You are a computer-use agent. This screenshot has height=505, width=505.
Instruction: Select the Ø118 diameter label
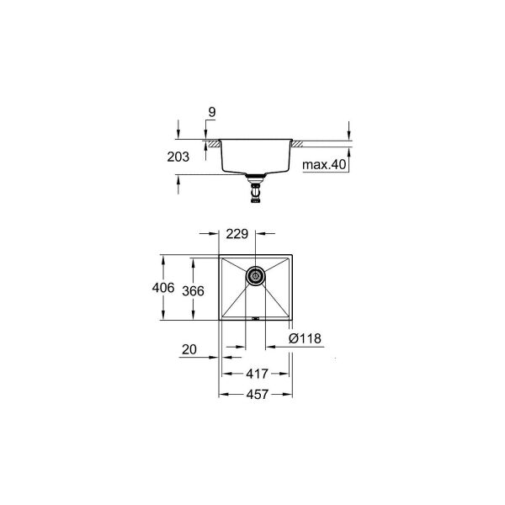click(x=304, y=339)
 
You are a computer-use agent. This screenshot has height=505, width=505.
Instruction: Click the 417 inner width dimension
click(x=257, y=375)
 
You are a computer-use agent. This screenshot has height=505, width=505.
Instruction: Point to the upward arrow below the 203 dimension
click(x=178, y=178)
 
